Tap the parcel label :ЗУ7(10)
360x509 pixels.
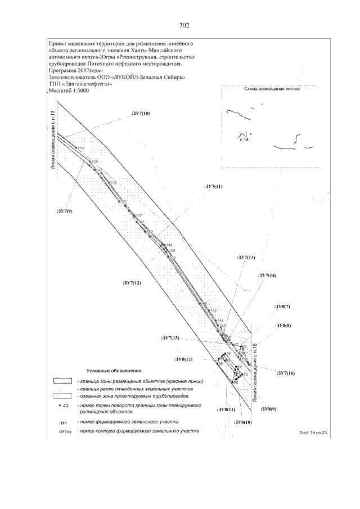pyautogui.click(x=140, y=114)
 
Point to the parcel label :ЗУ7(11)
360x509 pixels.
pyautogui.click(x=213, y=186)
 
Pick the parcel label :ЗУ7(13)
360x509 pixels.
pyautogui.click(x=246, y=257)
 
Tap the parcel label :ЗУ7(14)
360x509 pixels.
pyautogui.click(x=267, y=276)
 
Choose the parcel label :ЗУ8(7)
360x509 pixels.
pyautogui.click(x=282, y=307)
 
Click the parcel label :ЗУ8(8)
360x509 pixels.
pyautogui.click(x=282, y=326)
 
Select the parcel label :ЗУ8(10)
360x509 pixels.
pyautogui.click(x=242, y=422)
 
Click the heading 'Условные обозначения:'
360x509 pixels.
pyautogui.click(x=115, y=371)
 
